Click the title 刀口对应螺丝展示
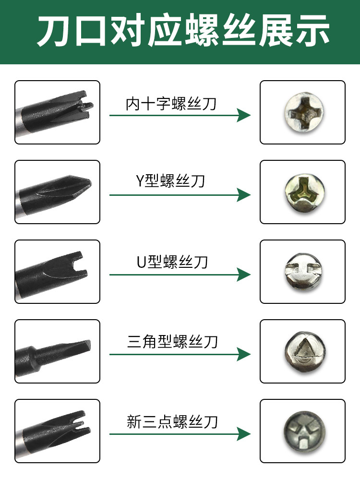coord(183,31)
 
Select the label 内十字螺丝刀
coord(171,104)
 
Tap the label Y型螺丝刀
coord(170,180)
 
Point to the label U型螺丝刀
coord(172,262)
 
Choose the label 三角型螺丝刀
coord(172,341)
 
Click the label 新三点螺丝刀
coord(172,421)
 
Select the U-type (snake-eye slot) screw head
coord(303,271)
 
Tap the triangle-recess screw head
coord(305,351)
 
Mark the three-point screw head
coord(304,432)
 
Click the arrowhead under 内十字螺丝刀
coord(244,115)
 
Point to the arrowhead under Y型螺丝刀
coord(244,195)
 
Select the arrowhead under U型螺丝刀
coord(244,275)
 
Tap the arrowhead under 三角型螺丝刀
coord(244,354)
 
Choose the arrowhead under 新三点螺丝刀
coord(244,434)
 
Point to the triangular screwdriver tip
coord(83,346)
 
